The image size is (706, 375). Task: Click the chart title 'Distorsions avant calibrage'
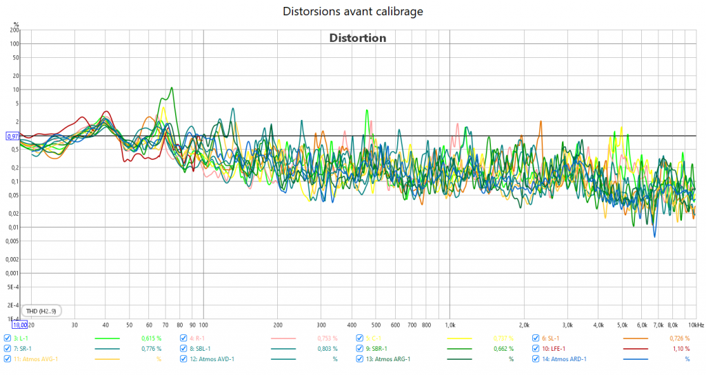pyautogui.click(x=352, y=12)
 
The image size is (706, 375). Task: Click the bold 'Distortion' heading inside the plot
pyautogui.click(x=357, y=38)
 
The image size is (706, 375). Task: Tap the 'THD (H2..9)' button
pyautogui.click(x=41, y=311)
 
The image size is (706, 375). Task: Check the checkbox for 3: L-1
pyautogui.click(x=7, y=338)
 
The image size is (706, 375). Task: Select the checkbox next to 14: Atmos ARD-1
pyautogui.click(x=536, y=359)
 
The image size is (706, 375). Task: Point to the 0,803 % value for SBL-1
pyautogui.click(x=326, y=349)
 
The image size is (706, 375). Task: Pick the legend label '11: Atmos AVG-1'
pyautogui.click(x=36, y=359)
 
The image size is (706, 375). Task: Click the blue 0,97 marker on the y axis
pyautogui.click(x=12, y=136)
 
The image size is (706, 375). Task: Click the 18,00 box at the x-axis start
pyautogui.click(x=19, y=324)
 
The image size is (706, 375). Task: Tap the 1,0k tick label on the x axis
pyautogui.click(x=450, y=324)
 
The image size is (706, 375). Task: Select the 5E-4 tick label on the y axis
pyautogui.click(x=13, y=287)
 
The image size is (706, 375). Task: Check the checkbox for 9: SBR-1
pyautogui.click(x=359, y=349)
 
